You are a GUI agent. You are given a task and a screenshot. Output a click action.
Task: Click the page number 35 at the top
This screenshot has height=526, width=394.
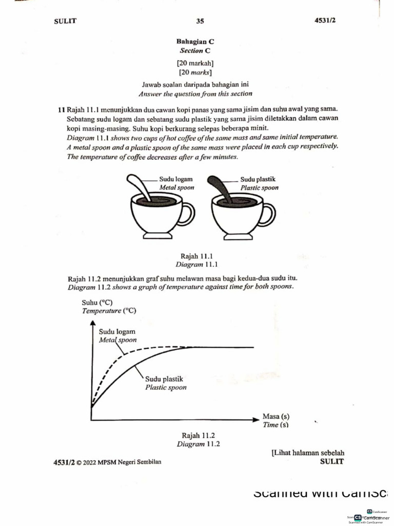pyautogui.click(x=200, y=21)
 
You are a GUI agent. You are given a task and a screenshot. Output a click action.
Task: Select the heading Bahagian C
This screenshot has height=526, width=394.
pyautogui.click(x=191, y=42)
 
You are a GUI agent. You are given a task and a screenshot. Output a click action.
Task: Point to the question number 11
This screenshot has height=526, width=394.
pyautogui.click(x=62, y=110)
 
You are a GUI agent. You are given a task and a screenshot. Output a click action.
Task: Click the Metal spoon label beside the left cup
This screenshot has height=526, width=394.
pyautogui.click(x=176, y=188)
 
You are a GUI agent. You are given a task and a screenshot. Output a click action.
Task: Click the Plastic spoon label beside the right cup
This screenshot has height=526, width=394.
pyautogui.click(x=260, y=188)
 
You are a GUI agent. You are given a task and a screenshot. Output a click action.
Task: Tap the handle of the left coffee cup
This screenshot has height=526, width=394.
pyautogui.click(x=188, y=214)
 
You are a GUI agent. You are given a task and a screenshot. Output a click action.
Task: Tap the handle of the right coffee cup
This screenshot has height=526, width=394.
pyautogui.click(x=268, y=214)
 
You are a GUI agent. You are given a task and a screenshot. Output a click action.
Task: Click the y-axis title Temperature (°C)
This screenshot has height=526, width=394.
pyautogui.click(x=109, y=311)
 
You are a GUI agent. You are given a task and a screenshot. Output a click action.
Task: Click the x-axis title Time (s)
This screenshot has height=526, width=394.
pyautogui.click(x=275, y=425)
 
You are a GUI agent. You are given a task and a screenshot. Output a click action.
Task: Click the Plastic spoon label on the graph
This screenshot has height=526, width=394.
pyautogui.click(x=166, y=387)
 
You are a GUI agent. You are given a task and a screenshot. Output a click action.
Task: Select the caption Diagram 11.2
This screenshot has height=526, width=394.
pyautogui.click(x=198, y=444)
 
